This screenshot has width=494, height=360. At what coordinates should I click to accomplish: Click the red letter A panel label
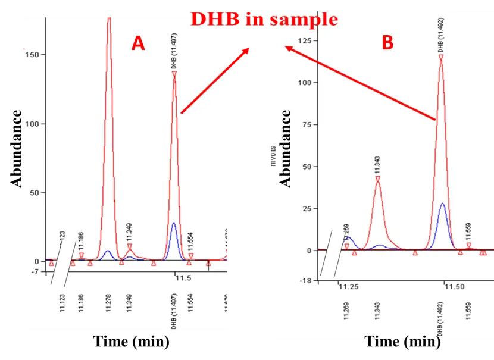pyautogui.click(x=138, y=43)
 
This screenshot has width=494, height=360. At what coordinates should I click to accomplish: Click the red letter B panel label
pyautogui.click(x=387, y=43)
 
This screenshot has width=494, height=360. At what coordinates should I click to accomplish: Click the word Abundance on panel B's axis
pyautogui.click(x=287, y=149)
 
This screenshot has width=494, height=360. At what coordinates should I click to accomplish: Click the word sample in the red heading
pyautogui.click(x=303, y=19)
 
